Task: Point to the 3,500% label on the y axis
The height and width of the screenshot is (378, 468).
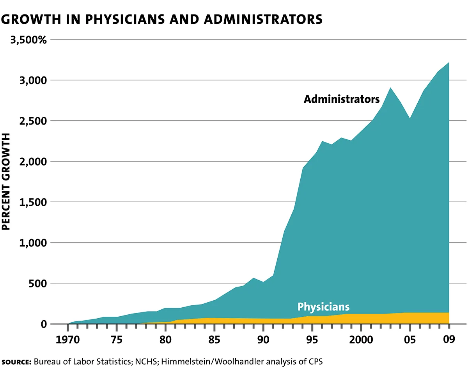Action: pyautogui.click(x=24, y=40)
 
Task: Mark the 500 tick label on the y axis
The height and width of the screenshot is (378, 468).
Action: pyautogui.click(x=38, y=283)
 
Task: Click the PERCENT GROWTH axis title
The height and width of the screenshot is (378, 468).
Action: pyautogui.click(x=7, y=182)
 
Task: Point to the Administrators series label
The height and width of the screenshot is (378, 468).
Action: pyautogui.click(x=342, y=99)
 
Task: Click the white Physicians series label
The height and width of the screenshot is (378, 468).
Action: pyautogui.click(x=323, y=307)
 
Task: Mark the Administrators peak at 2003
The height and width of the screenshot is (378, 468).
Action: pyautogui.click(x=391, y=88)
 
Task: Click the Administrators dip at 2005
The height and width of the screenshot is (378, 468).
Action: pyautogui.click(x=409, y=119)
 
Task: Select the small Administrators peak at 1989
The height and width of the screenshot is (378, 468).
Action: pyautogui.click(x=253, y=278)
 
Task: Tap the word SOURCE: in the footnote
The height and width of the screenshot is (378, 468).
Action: pyautogui.click(x=16, y=362)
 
